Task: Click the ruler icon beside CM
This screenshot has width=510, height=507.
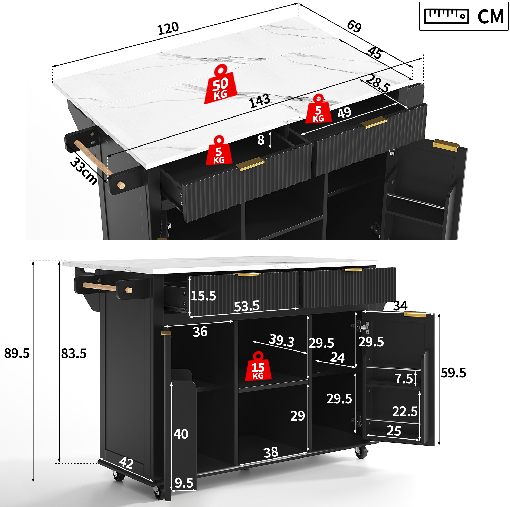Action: tap(446, 16)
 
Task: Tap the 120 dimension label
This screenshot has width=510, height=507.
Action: tap(168, 28)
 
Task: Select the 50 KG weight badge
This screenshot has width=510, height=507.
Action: tap(221, 84)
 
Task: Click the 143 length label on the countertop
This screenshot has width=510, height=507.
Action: tap(260, 101)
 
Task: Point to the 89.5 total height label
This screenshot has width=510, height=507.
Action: tap(17, 354)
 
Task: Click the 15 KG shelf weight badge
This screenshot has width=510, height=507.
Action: tap(258, 366)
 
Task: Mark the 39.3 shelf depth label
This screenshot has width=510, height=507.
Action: tap(281, 341)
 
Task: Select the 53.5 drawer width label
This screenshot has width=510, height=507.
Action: tap(247, 306)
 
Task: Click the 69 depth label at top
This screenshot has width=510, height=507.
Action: tap(354, 26)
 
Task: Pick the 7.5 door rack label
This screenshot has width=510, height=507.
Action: tap(404, 379)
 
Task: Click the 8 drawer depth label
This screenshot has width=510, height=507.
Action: tap(261, 140)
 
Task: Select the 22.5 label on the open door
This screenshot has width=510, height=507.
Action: tap(405, 412)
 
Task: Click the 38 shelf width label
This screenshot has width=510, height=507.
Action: tap(271, 452)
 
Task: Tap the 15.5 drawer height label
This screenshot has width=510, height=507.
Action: tap(203, 296)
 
